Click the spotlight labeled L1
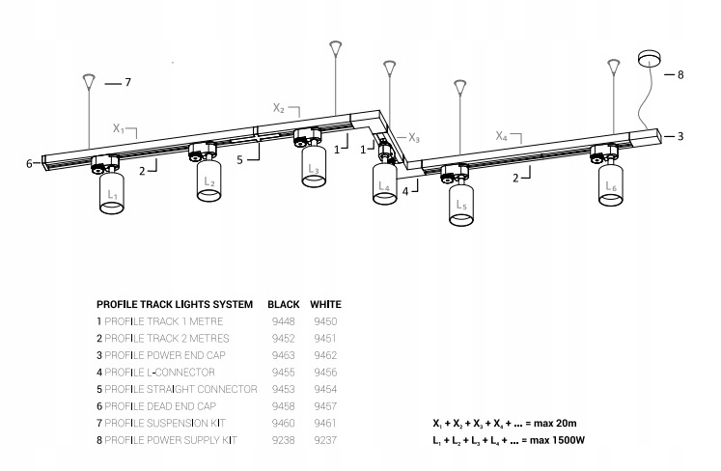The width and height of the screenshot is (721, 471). point(113,192)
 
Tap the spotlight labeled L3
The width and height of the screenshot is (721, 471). point(313,164)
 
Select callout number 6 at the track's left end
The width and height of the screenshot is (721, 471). point(30,164)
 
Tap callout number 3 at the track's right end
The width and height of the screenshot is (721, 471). point(679,136)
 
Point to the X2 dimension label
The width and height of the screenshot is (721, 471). point(278,109)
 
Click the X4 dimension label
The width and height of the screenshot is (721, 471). point(502,136)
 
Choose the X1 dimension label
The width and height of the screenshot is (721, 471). point(119,127)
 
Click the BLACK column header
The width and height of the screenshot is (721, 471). point(284,303)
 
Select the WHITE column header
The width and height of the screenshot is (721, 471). point(326,303)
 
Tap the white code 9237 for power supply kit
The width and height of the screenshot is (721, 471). point(326,440)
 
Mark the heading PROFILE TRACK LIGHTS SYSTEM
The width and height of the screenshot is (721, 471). point(175,303)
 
